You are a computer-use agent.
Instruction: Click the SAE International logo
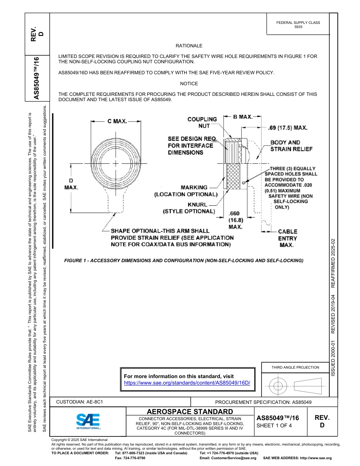(88, 421)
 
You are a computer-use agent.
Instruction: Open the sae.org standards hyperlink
(187, 383)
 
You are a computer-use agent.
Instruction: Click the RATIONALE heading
(189, 45)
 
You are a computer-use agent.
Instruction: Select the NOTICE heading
(189, 83)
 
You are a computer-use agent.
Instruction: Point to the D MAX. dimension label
(71, 184)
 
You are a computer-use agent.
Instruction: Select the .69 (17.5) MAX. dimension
(287, 128)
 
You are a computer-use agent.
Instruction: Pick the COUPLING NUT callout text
(202, 122)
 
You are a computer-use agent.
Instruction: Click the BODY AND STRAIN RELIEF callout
(291, 146)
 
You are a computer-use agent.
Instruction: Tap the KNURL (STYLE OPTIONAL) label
(189, 208)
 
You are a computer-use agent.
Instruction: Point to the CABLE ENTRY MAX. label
(288, 238)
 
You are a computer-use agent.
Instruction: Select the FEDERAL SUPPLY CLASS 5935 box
(298, 25)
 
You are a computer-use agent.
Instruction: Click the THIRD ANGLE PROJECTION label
(295, 367)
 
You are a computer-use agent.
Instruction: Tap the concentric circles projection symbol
(278, 386)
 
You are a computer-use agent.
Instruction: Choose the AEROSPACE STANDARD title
(190, 411)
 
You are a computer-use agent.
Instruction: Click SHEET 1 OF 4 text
(274, 425)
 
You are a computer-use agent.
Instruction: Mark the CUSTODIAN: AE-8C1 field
(80, 402)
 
